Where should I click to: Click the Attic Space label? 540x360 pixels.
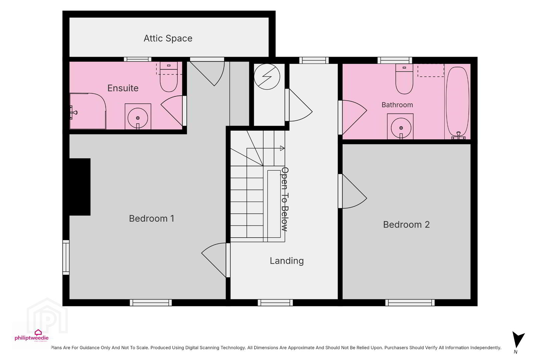168,38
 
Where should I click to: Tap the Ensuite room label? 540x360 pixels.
123,88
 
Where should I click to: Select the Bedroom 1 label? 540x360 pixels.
151,219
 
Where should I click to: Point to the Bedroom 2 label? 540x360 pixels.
406,225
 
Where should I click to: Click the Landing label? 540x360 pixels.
287,261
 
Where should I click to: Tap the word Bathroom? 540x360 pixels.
397,105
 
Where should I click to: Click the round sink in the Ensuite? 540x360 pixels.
138,118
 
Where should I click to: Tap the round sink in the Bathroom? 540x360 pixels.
401,128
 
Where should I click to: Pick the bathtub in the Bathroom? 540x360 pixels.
458,102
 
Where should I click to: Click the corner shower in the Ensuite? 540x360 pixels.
88,111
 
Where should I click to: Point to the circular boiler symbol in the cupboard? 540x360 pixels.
267,77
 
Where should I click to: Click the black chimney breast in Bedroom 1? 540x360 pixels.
80,187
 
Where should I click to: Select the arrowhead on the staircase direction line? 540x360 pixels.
282,148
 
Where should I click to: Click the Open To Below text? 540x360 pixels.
285,199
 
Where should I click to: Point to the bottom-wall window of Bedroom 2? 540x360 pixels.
410,303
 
